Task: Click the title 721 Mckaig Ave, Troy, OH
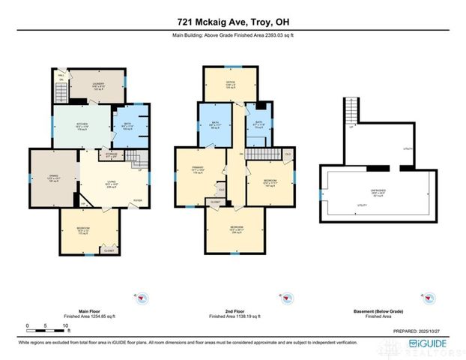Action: pyautogui.click(x=232, y=21)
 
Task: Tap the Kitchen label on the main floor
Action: pyautogui.click(x=82, y=124)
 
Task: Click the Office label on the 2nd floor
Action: pyautogui.click(x=231, y=85)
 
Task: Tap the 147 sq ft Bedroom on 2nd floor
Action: pyautogui.click(x=271, y=181)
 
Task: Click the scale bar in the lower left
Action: pyautogui.click(x=47, y=326)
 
